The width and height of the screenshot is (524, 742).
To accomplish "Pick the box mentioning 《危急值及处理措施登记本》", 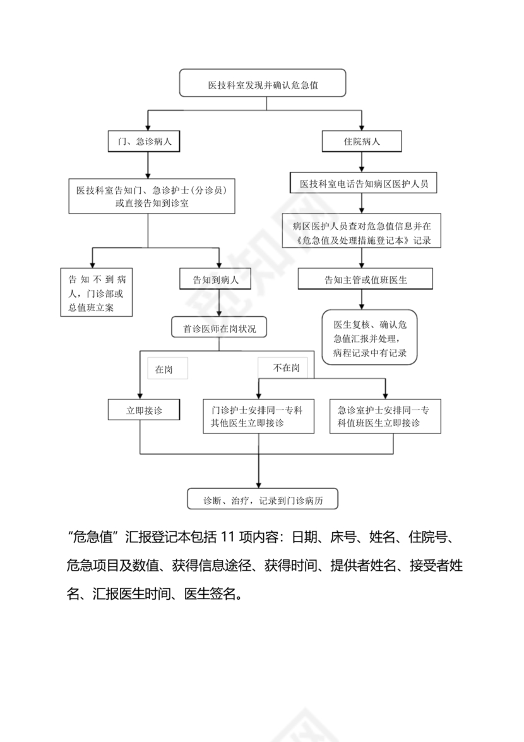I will [x=362, y=232].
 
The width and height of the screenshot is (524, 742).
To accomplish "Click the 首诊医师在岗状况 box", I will [x=220, y=329].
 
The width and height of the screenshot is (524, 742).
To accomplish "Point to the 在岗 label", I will [x=164, y=370].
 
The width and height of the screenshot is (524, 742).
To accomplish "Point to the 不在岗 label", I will [x=285, y=367].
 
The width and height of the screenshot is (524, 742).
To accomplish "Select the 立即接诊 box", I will [x=145, y=410].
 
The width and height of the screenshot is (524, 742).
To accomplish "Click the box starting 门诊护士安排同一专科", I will [x=258, y=416].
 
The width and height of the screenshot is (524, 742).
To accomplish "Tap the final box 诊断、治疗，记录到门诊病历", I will [x=263, y=499].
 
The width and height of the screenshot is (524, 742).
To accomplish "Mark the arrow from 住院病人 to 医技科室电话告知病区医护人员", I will [x=361, y=162].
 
